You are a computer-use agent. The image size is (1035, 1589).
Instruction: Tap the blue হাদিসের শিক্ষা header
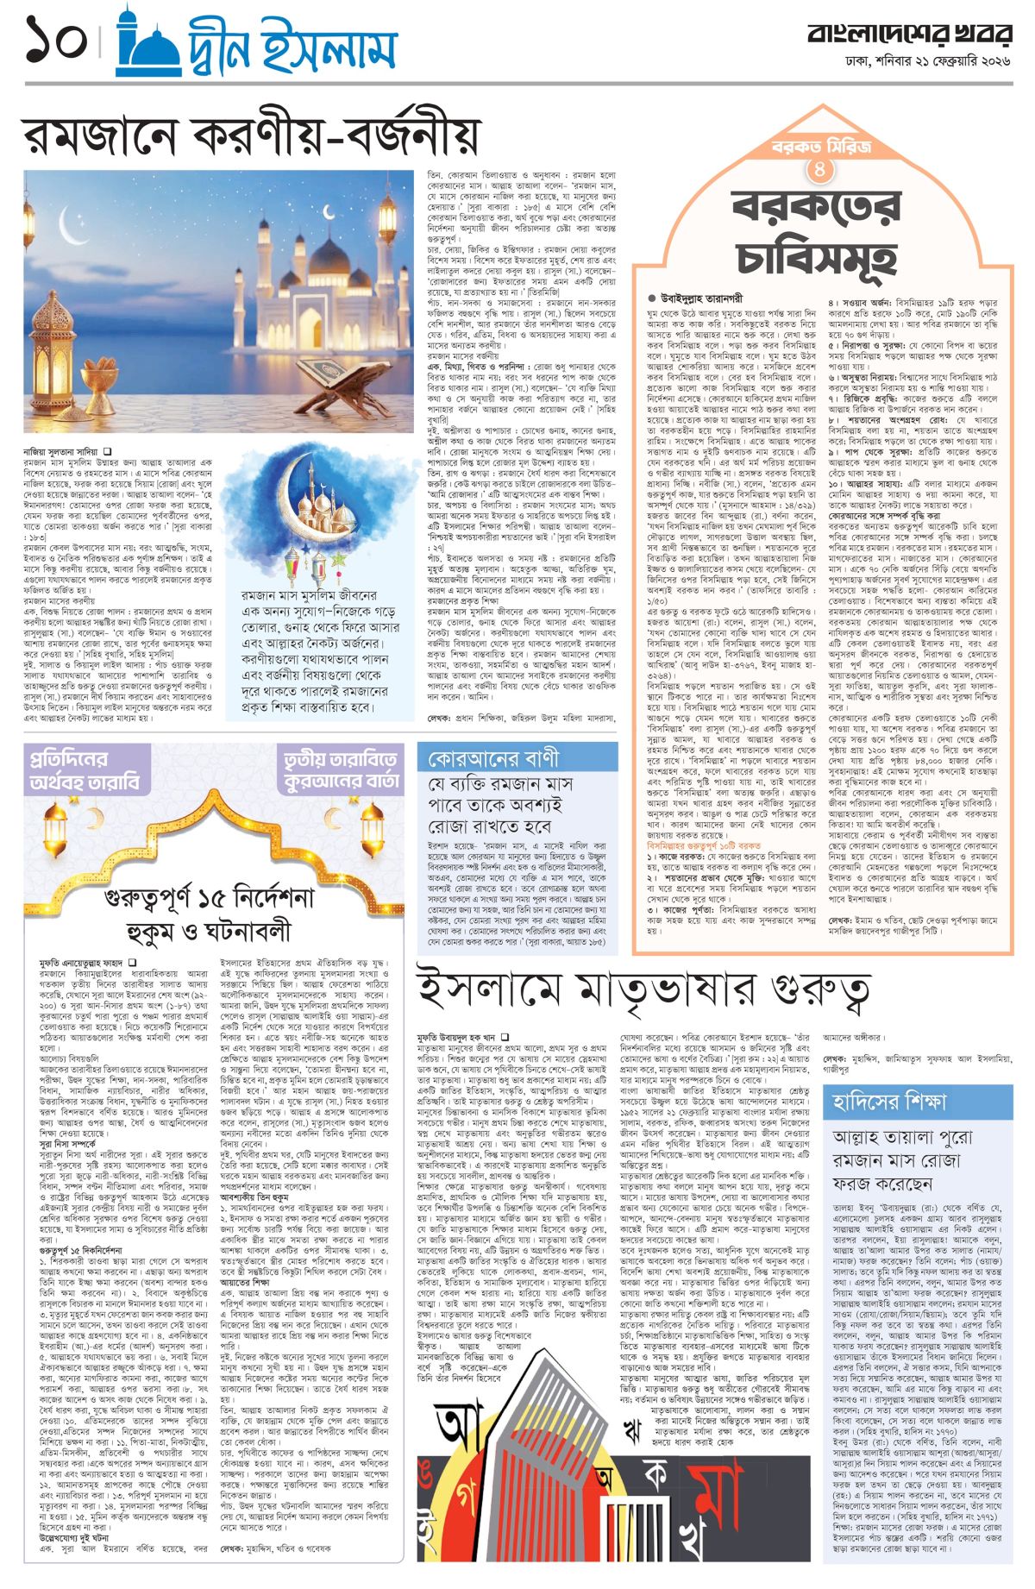[x=888, y=1102]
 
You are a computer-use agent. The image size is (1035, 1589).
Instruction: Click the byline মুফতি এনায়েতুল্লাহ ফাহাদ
[x=82, y=961]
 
